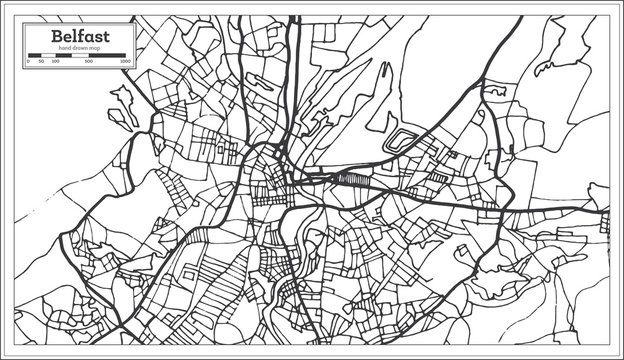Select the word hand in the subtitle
click(66, 48)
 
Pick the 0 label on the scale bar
click(28, 62)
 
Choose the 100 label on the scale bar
click(55, 62)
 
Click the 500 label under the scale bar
click(90, 62)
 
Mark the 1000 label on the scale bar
click(125, 62)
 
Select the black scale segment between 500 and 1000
click(108, 56)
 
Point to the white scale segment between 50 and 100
click(48, 56)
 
